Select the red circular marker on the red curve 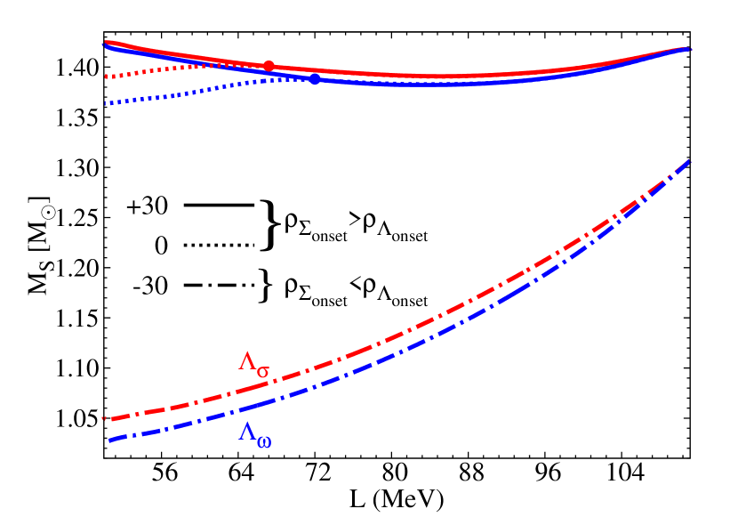269,66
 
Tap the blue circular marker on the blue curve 314,79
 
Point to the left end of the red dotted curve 106,77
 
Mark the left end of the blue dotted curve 106,103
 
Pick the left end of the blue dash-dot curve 109,440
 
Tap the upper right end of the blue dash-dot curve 689,160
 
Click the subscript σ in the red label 263,370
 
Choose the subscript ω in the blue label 264,441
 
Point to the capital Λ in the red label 247,361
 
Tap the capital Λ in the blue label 247,432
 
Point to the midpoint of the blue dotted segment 209,89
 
